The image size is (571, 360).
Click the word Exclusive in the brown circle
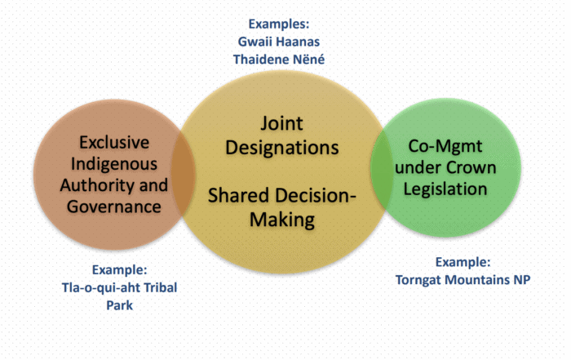click(x=114, y=142)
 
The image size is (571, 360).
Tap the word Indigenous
click(x=114, y=164)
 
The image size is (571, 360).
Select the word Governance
click(x=114, y=207)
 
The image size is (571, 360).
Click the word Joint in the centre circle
click(x=281, y=123)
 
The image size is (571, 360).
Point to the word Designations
click(x=282, y=148)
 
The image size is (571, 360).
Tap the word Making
click(x=282, y=220)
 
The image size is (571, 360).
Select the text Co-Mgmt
click(x=445, y=146)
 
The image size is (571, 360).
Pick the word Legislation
click(x=445, y=189)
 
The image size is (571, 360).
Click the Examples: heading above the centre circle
click(x=279, y=24)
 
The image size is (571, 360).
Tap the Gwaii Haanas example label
click(x=279, y=42)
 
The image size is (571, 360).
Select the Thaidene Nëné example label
click(x=279, y=60)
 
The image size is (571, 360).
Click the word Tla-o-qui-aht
click(x=101, y=288)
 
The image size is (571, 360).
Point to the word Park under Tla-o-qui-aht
click(x=119, y=305)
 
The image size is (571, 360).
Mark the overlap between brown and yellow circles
click(x=184, y=173)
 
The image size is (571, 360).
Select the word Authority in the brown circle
click(x=97, y=185)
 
